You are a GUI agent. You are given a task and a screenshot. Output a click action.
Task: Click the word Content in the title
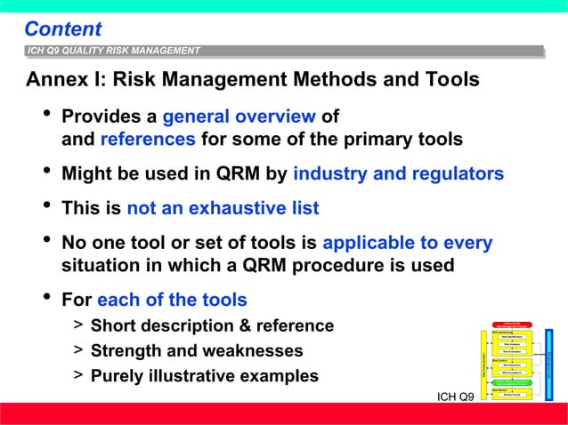(x=62, y=29)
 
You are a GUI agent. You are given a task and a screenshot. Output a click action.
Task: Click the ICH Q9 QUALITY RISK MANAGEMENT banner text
(x=114, y=51)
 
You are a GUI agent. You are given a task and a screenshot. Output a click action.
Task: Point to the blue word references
(x=148, y=140)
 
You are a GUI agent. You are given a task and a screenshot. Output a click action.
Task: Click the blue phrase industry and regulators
(x=398, y=173)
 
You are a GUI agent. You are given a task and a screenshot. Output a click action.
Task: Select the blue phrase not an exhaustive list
(x=223, y=209)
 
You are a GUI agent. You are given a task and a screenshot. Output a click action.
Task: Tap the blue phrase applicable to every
(x=407, y=243)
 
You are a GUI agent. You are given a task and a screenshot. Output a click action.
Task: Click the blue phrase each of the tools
(x=172, y=300)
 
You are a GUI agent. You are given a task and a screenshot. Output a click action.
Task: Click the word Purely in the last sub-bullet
(x=120, y=375)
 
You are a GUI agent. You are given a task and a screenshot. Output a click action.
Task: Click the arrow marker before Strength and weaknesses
(x=78, y=350)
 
